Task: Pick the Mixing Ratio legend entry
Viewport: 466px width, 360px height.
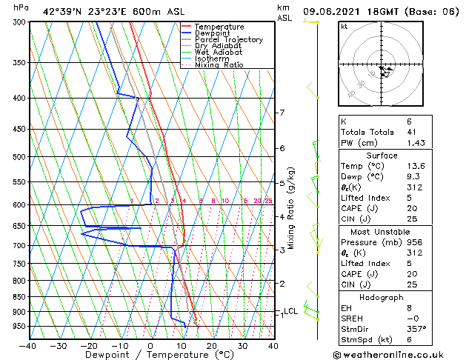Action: pyautogui.click(x=219, y=65)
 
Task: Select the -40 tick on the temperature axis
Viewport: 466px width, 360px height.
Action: pyautogui.click(x=28, y=345)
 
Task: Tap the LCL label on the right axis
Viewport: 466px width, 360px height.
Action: pyautogui.click(x=290, y=311)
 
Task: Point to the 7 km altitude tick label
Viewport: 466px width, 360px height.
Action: pyautogui.click(x=282, y=113)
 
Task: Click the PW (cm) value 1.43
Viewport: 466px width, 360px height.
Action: pyautogui.click(x=416, y=142)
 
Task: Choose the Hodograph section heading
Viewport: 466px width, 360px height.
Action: pyautogui.click(x=382, y=297)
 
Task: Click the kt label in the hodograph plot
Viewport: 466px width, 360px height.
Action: pyautogui.click(x=344, y=26)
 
